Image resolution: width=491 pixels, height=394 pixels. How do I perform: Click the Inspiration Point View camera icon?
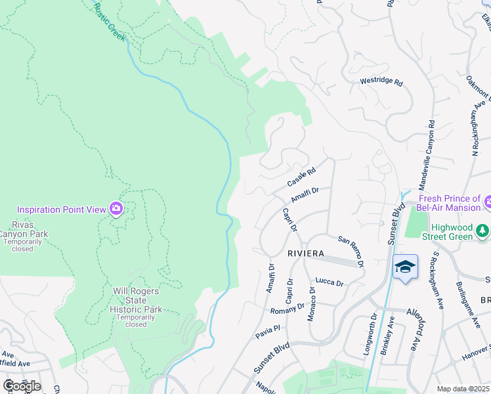click(116, 209)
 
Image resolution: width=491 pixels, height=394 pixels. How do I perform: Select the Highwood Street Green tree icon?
click(482, 230)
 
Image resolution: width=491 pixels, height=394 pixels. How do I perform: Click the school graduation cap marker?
click(405, 267)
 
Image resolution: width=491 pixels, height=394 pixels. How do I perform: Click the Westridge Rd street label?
click(381, 83)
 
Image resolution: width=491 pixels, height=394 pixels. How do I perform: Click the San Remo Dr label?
click(351, 252)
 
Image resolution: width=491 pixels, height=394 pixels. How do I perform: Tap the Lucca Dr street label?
click(330, 282)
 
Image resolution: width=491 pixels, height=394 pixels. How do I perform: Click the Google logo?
click(22, 385)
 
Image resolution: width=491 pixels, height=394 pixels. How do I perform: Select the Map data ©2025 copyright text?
click(462, 389)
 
